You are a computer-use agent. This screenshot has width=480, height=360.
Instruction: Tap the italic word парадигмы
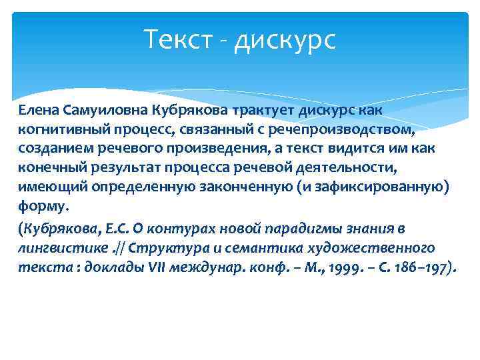302,229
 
